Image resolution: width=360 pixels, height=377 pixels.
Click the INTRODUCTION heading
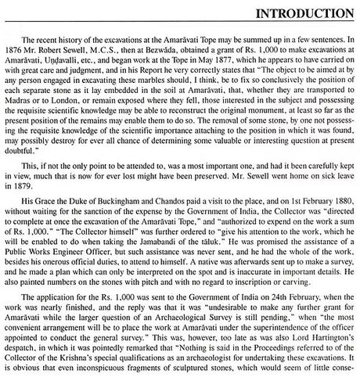[x=299, y=13]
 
